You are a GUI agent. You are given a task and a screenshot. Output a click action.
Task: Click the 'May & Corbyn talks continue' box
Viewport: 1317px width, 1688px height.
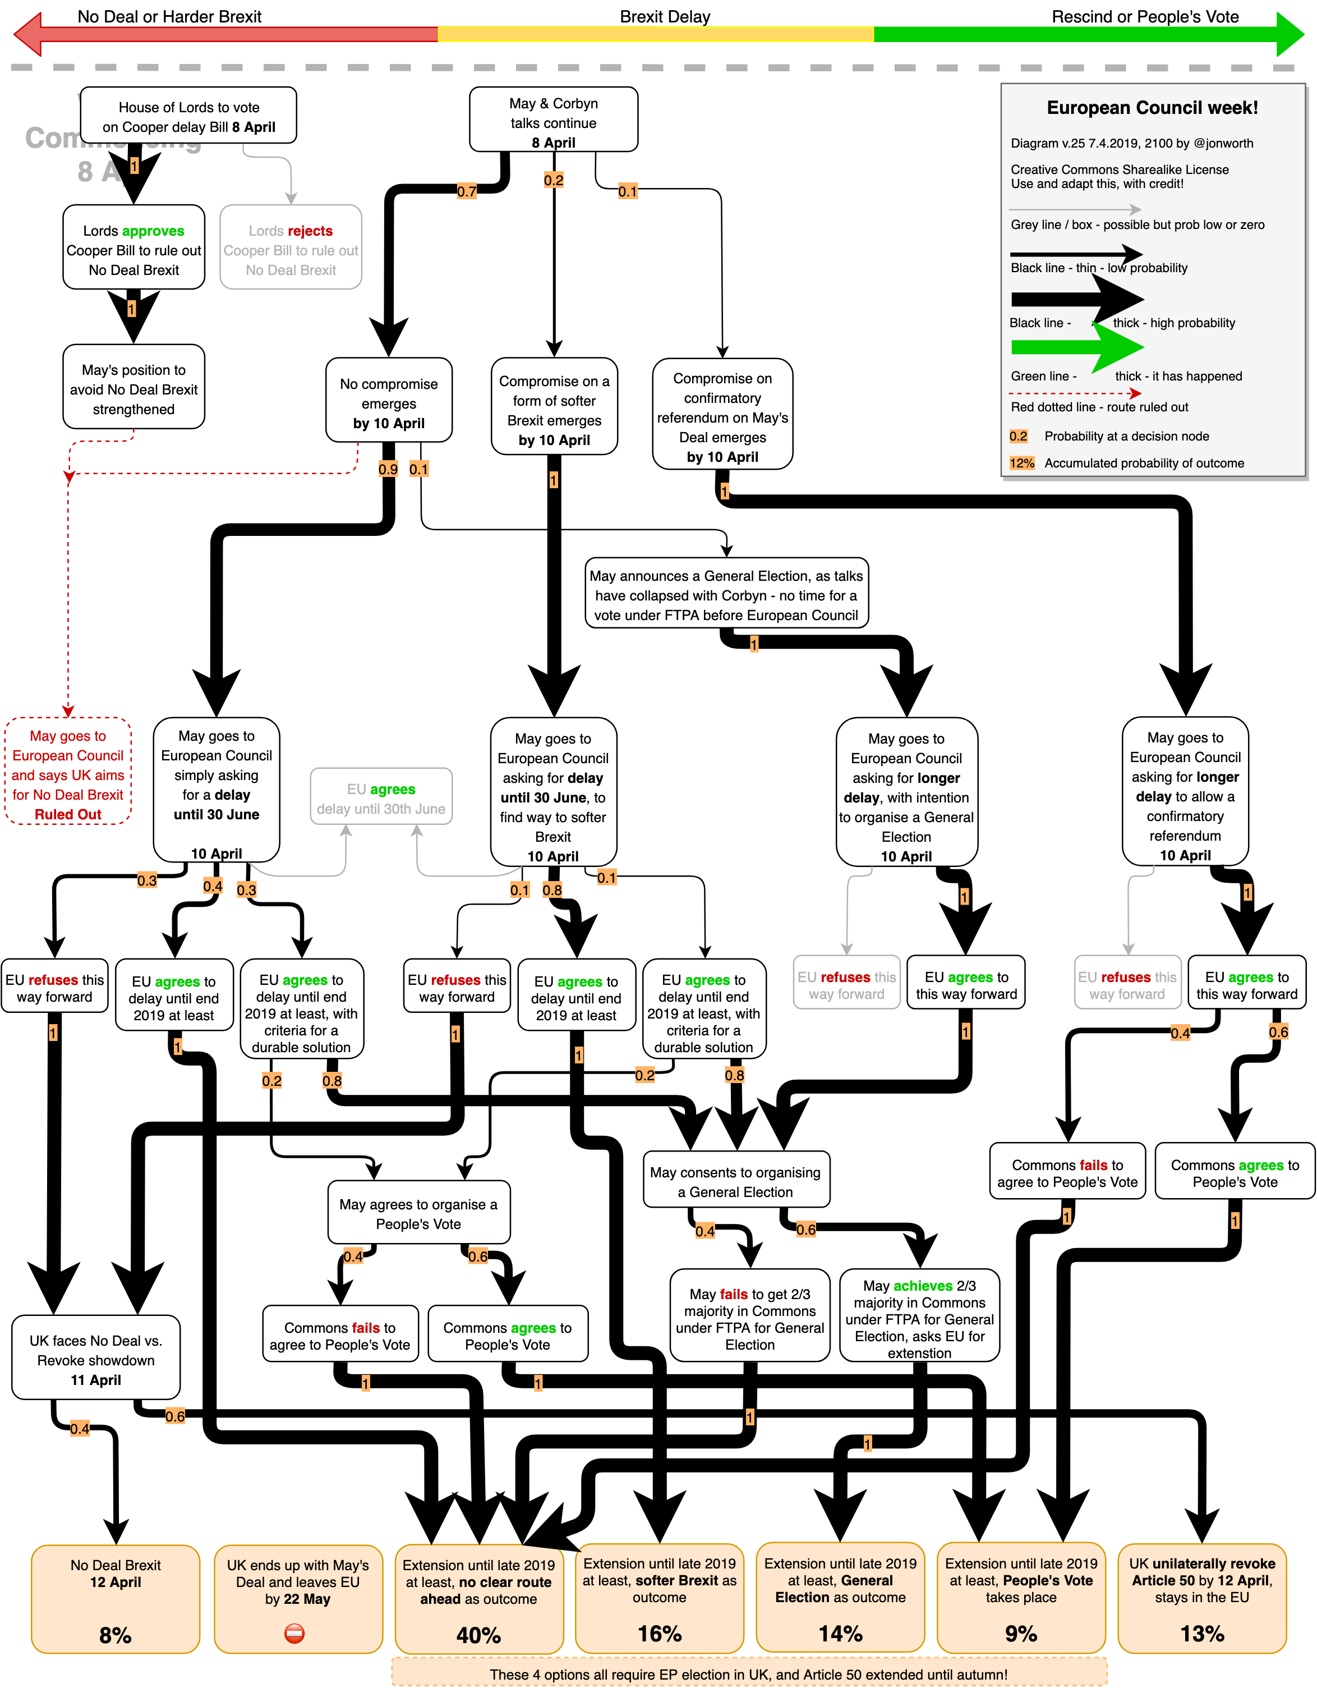click(553, 120)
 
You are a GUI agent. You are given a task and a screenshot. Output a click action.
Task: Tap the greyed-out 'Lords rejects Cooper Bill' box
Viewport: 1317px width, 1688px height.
click(291, 247)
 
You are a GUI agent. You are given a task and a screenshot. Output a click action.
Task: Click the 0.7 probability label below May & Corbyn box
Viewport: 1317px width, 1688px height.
click(467, 191)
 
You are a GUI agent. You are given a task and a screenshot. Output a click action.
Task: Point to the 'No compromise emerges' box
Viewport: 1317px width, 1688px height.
click(389, 400)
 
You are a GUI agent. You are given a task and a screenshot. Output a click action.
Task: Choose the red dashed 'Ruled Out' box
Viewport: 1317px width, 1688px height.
click(68, 772)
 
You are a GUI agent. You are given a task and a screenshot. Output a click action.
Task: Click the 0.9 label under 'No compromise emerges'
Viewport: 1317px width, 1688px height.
click(388, 469)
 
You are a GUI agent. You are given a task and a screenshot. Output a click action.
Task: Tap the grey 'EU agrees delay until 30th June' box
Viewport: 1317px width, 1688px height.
click(381, 797)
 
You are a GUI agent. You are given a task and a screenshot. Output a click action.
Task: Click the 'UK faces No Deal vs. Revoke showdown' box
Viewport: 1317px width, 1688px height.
click(96, 1358)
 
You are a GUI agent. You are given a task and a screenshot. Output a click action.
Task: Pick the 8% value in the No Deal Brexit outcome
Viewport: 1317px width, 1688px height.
click(115, 1634)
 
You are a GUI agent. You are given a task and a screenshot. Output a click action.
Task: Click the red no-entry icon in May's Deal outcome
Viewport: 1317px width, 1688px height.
click(294, 1632)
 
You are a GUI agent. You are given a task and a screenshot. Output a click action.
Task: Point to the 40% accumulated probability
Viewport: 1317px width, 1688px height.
click(478, 1634)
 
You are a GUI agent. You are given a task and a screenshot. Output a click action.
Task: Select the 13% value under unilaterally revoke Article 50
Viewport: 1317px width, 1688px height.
click(1202, 1632)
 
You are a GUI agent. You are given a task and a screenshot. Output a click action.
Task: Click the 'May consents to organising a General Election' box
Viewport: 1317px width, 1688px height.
click(735, 1180)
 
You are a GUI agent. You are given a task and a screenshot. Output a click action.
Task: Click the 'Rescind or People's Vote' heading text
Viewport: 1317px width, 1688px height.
click(1145, 17)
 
